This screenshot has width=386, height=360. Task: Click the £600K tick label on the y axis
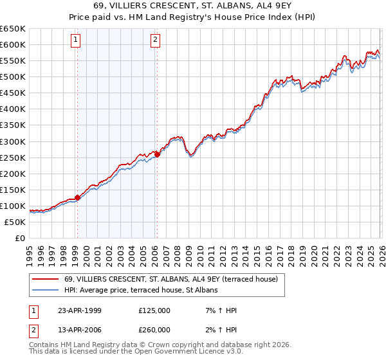pyautogui.click(x=13, y=44)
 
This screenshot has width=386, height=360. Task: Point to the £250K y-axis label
pyautogui.click(x=13, y=157)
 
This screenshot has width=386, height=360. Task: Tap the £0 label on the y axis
pyautogui.click(x=20, y=238)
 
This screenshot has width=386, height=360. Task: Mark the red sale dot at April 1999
pyautogui.click(x=78, y=197)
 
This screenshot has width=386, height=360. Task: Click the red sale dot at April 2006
pyautogui.click(x=157, y=154)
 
